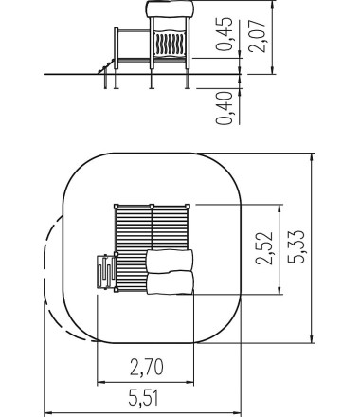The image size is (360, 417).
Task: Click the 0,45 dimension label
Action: (x=225, y=34)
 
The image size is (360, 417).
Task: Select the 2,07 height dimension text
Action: (x=257, y=36)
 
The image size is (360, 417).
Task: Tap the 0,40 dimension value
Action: (x=225, y=108)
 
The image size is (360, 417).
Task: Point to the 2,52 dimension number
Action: (x=264, y=248)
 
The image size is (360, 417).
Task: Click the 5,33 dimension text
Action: (x=297, y=246)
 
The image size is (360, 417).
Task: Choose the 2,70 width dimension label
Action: (x=147, y=367)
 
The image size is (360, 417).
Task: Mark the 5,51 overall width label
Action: (x=143, y=398)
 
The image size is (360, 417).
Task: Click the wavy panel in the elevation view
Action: (x=170, y=45)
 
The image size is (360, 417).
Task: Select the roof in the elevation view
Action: (x=170, y=9)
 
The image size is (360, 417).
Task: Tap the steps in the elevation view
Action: (x=106, y=66)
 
